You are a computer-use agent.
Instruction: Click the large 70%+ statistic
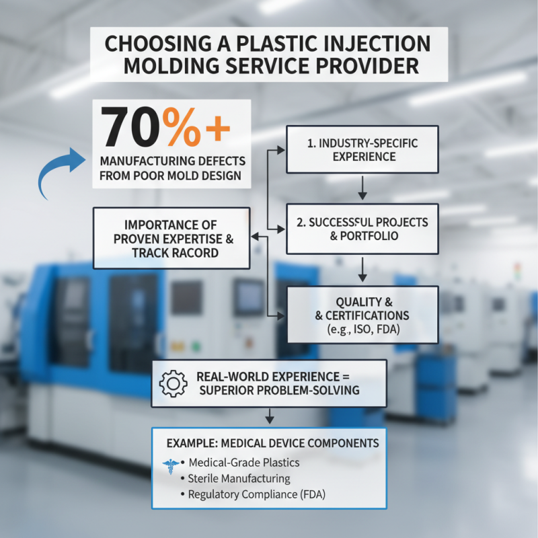[x=165, y=128]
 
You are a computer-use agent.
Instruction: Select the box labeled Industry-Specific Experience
[x=362, y=149]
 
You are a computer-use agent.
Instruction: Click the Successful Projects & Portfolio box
[x=362, y=229]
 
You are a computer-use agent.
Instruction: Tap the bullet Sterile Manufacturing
[x=239, y=479]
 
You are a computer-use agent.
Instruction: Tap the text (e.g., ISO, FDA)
[x=363, y=330]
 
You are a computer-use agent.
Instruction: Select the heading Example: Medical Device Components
[x=272, y=444]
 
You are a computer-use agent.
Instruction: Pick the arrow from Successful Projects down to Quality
[x=362, y=270]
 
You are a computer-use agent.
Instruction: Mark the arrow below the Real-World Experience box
[x=270, y=416]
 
